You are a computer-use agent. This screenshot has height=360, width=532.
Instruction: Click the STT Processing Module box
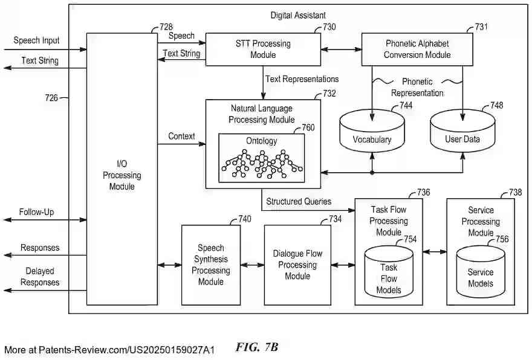coord(263,49)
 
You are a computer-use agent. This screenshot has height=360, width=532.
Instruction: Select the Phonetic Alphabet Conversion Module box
coord(418,49)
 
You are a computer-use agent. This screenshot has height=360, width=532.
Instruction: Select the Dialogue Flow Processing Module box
coord(297,265)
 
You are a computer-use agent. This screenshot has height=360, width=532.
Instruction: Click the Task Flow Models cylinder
coord(388,272)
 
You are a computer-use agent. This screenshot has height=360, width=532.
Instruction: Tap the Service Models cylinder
coord(481,272)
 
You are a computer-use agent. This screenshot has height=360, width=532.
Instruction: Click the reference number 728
coord(166,27)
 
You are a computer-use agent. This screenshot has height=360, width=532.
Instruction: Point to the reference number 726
coord(51,97)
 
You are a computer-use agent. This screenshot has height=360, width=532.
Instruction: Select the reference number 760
coord(308,127)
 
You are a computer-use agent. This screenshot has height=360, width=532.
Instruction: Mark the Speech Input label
coord(36,40)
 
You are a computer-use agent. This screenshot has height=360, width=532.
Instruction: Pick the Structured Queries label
coord(299,201)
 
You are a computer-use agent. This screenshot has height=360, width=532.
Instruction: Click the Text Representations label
coord(302,79)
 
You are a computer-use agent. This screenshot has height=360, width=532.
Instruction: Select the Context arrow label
coord(181,137)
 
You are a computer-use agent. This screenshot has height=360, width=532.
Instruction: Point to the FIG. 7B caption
coord(257,347)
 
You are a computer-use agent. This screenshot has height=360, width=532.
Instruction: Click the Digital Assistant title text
coord(299,15)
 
